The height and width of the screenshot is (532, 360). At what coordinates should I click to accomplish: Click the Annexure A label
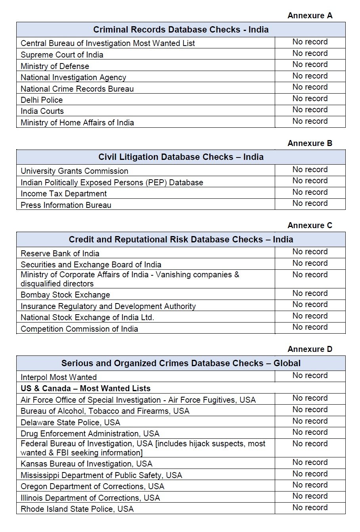pos(310,15)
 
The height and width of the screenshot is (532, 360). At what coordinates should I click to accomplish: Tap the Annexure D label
pos(310,349)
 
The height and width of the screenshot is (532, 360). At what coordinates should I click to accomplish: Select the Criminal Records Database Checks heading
pos(181,30)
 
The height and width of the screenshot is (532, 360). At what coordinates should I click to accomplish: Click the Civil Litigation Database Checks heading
pos(181,157)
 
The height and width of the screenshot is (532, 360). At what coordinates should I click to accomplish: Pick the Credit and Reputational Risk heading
pos(181,240)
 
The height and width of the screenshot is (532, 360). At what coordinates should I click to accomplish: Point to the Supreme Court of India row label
pos(62,55)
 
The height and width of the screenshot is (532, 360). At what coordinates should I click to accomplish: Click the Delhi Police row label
pos(42,100)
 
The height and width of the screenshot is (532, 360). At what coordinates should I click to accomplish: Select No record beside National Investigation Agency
pos(310,76)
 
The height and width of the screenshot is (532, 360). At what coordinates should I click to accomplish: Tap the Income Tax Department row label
pos(63,194)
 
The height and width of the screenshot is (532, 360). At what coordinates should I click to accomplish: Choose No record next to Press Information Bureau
pos(310,204)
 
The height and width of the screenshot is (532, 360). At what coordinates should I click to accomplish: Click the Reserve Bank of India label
pos(60,254)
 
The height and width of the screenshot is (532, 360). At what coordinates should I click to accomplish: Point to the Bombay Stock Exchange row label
pos(65,295)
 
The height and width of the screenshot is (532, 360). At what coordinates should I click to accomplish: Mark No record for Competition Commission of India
pos(310,327)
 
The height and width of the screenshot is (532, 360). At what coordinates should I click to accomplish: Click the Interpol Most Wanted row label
pos(59,377)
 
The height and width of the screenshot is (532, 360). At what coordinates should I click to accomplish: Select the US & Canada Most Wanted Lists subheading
pos(85,388)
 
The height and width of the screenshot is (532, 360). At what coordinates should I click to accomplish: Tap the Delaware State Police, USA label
pos(70,422)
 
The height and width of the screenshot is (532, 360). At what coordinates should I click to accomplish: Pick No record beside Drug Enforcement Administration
pos(310,432)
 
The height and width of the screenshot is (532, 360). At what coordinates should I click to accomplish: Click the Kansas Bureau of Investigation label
pos(86,464)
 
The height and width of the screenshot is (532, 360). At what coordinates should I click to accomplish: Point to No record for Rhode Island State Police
pos(310,507)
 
